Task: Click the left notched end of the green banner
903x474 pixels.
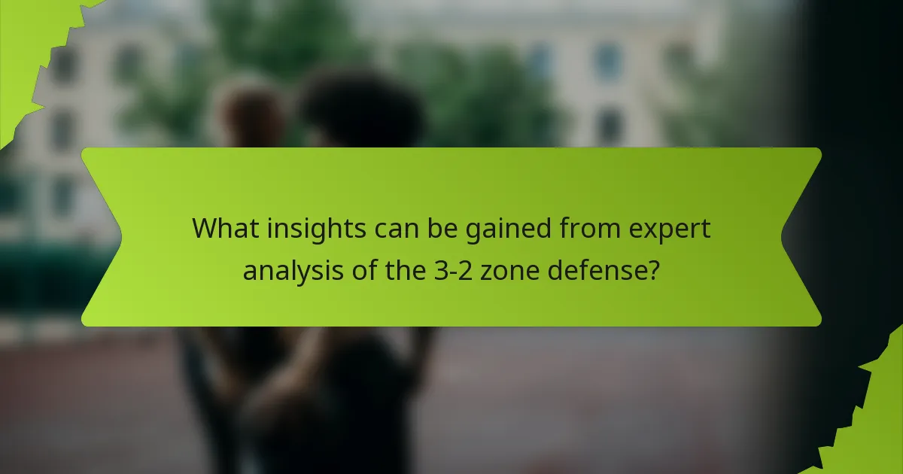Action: (x=102, y=237)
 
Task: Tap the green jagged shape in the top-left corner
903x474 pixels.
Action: (x=30, y=45)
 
